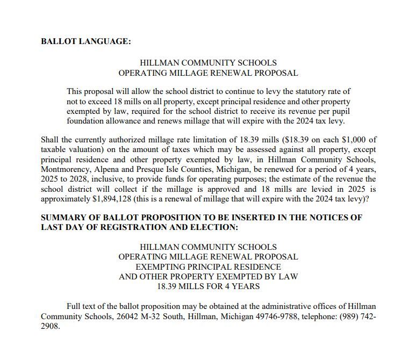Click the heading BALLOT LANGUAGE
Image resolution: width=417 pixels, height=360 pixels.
click(86, 41)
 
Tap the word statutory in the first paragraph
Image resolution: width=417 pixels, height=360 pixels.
click(299, 91)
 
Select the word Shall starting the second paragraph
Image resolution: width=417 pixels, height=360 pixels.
click(51, 140)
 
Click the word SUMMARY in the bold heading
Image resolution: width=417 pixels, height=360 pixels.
click(63, 218)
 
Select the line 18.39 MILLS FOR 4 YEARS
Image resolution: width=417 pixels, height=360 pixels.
click(208, 286)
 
